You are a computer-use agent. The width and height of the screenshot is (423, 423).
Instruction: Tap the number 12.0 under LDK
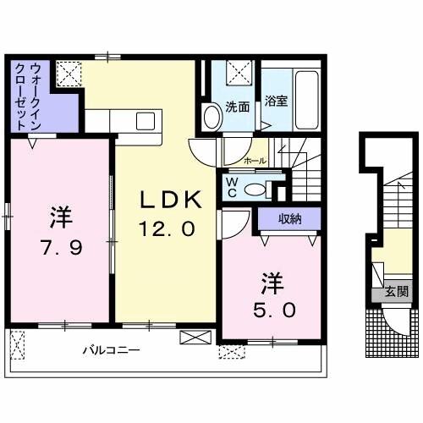168,228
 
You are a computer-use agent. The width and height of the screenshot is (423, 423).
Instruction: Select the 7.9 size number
59,247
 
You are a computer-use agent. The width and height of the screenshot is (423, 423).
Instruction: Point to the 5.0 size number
272,310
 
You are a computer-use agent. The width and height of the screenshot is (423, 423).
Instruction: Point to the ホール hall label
254,160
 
